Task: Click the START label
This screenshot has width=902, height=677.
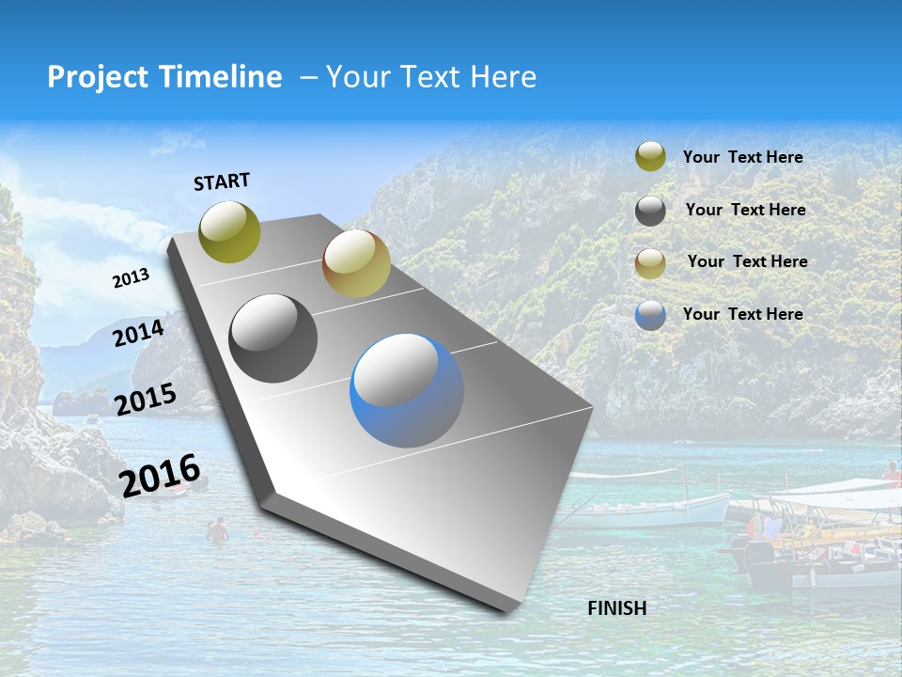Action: pyautogui.click(x=222, y=181)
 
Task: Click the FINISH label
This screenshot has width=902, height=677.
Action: pyautogui.click(x=616, y=608)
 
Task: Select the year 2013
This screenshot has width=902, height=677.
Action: pyautogui.click(x=131, y=278)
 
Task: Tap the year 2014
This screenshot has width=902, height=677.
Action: pyautogui.click(x=138, y=334)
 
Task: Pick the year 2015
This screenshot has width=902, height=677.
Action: pyautogui.click(x=145, y=400)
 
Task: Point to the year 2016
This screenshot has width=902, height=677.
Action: pyautogui.click(x=160, y=475)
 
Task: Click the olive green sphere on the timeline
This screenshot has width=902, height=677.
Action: pyautogui.click(x=229, y=231)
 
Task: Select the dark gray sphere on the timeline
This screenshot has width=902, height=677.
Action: pyautogui.click(x=273, y=338)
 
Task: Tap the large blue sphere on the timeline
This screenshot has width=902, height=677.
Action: pyautogui.click(x=407, y=390)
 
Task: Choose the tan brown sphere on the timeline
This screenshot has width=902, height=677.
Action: pyautogui.click(x=356, y=263)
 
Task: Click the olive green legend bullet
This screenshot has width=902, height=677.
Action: pyautogui.click(x=650, y=157)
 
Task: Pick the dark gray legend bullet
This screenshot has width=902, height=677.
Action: pyautogui.click(x=650, y=211)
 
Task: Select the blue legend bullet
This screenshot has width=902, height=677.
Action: pyautogui.click(x=650, y=315)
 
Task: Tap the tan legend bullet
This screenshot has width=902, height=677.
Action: pyautogui.click(x=650, y=262)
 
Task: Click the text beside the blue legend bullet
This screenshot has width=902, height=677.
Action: pyautogui.click(x=742, y=314)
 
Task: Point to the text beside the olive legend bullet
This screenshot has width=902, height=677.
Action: pyautogui.click(x=742, y=157)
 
